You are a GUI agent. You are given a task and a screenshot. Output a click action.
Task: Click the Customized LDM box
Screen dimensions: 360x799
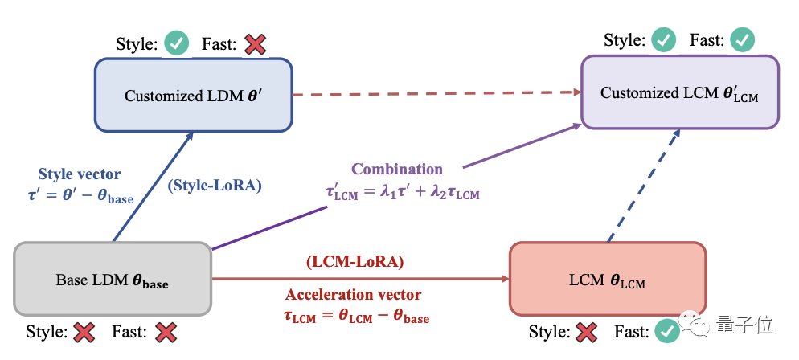pos(193,95)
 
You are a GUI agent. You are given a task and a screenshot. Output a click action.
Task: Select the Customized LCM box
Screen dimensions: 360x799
pos(680,92)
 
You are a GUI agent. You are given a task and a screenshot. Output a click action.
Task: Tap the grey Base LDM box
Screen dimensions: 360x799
pos(113,280)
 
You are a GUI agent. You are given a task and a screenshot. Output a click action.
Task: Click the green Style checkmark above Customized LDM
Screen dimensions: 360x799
pos(176,43)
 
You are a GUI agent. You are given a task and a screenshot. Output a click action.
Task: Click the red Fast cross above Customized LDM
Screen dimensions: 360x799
pos(255,43)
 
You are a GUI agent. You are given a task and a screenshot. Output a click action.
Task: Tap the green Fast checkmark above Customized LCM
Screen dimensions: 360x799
pos(742,39)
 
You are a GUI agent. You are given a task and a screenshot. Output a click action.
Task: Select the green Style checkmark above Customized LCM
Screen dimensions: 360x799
pos(663,39)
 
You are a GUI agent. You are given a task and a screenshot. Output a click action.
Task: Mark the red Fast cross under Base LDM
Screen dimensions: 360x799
pos(166,331)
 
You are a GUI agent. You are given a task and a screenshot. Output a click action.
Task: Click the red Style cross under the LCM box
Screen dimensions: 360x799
pos(588,331)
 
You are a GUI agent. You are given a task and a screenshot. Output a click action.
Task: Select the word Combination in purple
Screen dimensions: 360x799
pos(397,170)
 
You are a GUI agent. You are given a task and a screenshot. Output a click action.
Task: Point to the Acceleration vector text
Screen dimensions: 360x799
pos(354,295)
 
